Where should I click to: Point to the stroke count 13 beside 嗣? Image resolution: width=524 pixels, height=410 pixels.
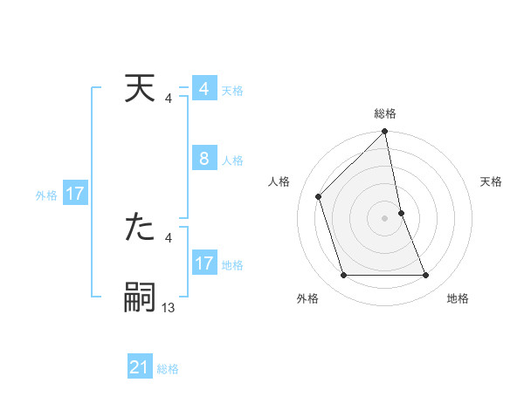[169, 307]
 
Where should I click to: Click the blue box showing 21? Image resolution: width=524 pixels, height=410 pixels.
[140, 367]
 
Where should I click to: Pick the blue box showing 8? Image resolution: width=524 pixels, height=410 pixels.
[204, 159]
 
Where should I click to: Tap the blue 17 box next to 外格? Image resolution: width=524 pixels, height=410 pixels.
[75, 194]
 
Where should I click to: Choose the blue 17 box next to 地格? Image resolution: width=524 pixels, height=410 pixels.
[204, 263]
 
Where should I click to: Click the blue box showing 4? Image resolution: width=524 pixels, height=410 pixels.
[204, 89]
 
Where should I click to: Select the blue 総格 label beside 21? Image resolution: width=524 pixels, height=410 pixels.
[168, 369]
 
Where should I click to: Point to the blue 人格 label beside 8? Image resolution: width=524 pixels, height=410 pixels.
[232, 161]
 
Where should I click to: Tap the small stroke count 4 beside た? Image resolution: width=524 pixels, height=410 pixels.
[169, 237]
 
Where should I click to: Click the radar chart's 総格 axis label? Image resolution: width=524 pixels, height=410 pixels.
[385, 113]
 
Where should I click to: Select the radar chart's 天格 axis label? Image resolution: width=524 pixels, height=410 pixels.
[492, 181]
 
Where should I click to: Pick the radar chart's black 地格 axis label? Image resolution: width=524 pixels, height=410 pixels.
[458, 298]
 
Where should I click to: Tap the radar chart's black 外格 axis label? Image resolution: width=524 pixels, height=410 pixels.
[307, 298]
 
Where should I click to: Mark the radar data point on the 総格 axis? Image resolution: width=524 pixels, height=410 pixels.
[385, 133]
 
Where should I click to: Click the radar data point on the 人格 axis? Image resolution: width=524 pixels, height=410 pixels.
[319, 196]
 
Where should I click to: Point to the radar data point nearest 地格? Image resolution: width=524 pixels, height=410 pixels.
[426, 276]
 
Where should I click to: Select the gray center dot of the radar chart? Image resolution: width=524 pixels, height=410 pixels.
[385, 218]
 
